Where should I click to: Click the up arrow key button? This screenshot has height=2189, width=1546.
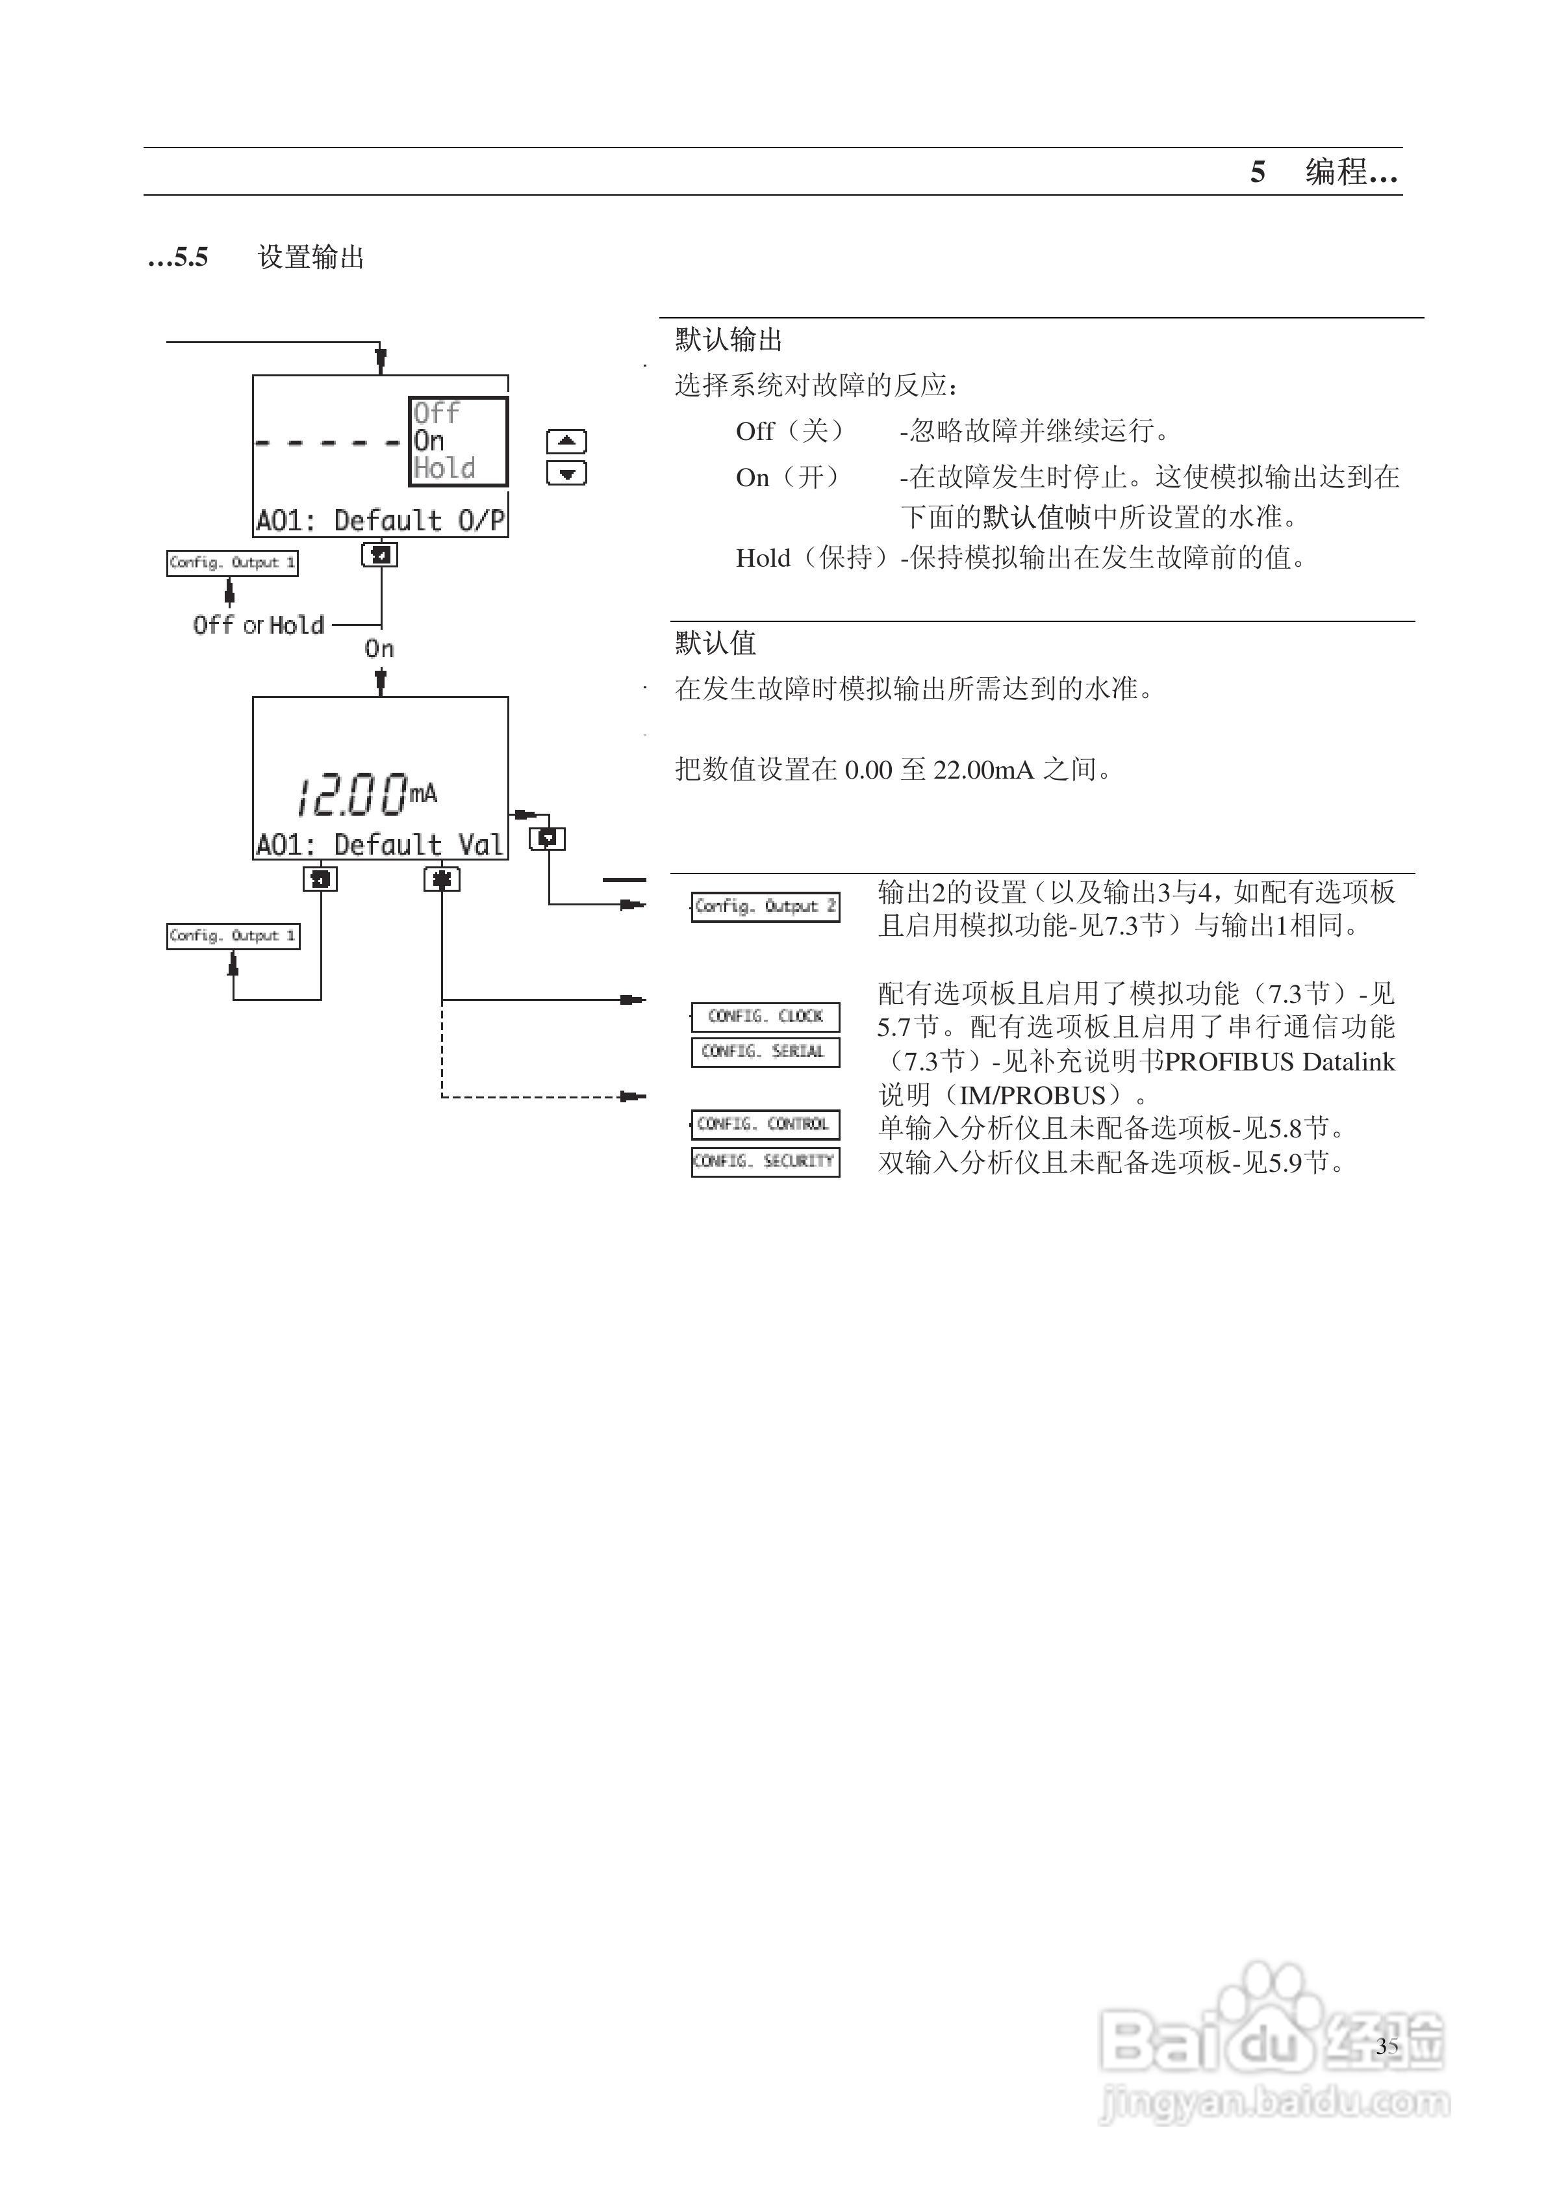point(566,441)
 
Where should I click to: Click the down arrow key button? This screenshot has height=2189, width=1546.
point(566,473)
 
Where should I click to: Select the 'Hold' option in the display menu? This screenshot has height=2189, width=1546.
point(444,468)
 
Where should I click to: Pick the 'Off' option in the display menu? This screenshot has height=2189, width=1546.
point(437,413)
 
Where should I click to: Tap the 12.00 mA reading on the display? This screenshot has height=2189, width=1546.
point(366,795)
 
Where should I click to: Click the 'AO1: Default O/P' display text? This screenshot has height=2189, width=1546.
point(380,521)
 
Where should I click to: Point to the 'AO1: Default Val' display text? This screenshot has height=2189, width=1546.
point(379,845)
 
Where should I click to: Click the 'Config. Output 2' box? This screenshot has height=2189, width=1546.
point(765,906)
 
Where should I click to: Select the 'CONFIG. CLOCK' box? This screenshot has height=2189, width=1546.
point(765,1017)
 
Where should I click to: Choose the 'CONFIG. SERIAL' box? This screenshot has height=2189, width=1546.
point(765,1051)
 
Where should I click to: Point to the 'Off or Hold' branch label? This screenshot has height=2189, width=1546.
point(259,625)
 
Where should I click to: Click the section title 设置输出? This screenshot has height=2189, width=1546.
point(310,257)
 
